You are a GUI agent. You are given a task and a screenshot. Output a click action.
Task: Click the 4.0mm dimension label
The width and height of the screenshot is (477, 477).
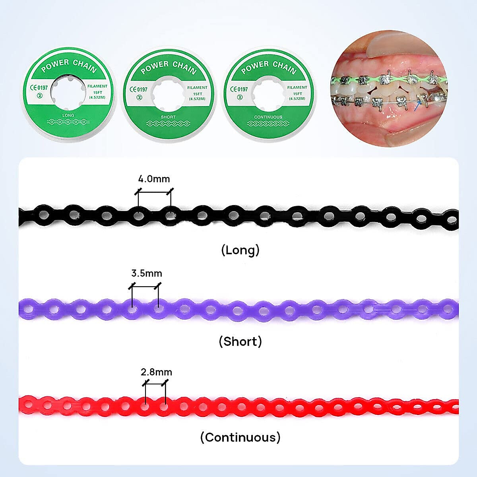154,179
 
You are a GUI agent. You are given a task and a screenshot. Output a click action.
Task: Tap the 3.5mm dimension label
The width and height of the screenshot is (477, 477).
147,273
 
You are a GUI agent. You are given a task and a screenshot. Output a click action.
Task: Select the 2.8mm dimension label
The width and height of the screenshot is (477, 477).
156,372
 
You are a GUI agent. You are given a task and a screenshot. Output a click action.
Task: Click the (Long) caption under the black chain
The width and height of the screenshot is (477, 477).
240,250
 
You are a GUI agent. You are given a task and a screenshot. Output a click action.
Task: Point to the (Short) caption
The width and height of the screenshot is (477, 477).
240,341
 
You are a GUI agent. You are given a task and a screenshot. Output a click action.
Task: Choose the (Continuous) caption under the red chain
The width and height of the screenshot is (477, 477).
240,437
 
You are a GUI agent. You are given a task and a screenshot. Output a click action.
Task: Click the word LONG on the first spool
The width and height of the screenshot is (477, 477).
68,115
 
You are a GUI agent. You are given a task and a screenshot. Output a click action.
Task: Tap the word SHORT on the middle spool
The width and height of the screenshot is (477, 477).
168,117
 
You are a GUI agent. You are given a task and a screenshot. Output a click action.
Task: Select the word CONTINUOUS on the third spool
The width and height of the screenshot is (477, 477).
268,117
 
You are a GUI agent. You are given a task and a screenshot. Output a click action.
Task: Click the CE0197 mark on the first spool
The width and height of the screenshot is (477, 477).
39,87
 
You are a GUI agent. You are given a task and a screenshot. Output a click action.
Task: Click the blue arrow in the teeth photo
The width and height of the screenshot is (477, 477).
417,106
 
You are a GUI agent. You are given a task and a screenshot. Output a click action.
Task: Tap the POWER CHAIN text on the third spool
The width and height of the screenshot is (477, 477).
269,67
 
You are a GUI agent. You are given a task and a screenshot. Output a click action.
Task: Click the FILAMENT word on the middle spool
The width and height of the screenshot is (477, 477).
197,87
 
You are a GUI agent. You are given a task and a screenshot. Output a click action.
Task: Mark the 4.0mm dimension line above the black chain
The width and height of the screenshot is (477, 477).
154,192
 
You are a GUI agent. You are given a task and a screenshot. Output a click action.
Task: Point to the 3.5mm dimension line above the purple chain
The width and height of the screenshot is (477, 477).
145,286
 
